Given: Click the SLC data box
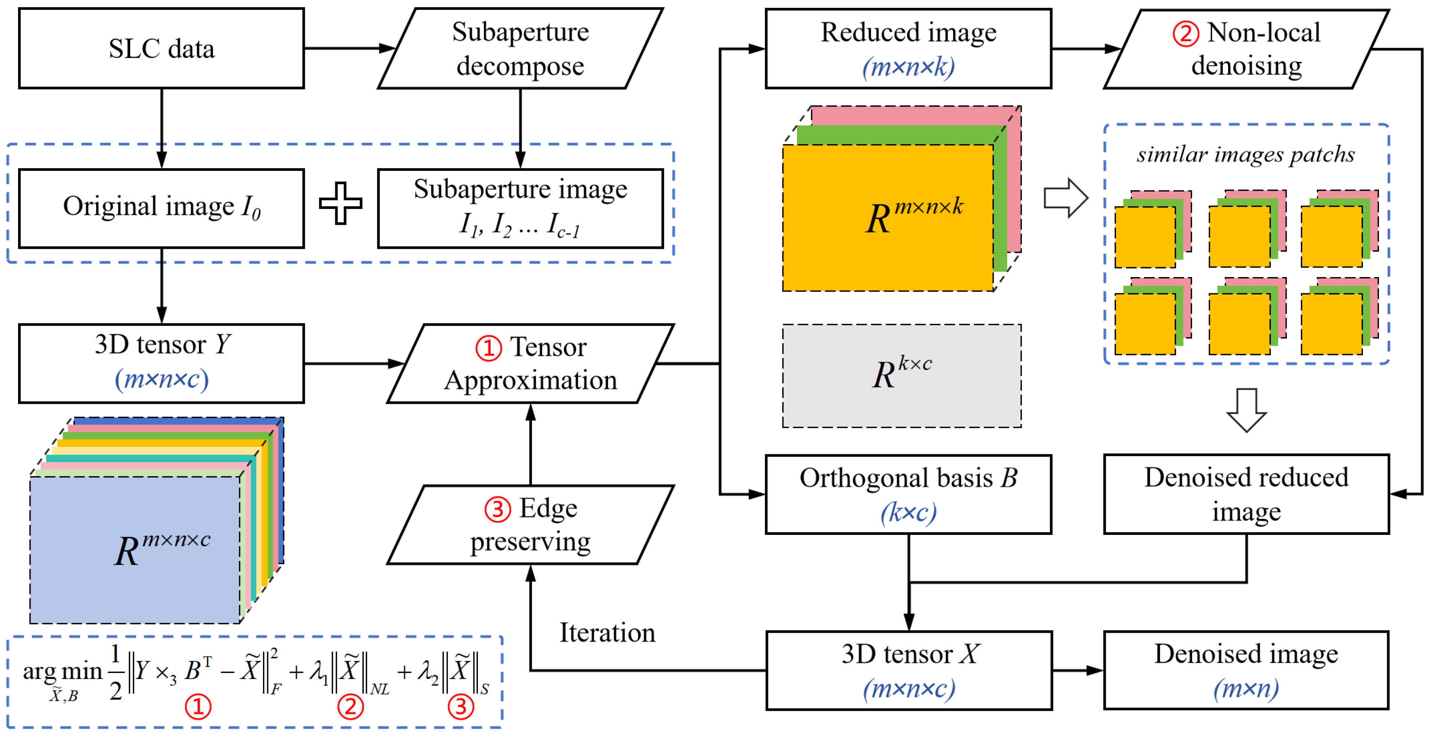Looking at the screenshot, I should [x=161, y=48].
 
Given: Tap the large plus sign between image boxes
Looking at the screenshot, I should [x=341, y=203].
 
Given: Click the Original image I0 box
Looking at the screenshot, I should [x=161, y=207].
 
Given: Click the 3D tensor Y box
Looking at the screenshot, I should [x=161, y=363].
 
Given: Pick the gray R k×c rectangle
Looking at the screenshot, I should [x=901, y=376].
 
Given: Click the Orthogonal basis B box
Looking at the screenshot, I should [x=908, y=494].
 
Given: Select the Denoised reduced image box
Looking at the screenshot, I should [x=1246, y=494].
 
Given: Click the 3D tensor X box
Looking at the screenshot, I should [x=909, y=670].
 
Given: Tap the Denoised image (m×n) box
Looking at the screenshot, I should [x=1246, y=670].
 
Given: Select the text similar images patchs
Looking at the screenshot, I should [x=1245, y=154].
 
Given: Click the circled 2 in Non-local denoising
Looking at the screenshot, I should [x=1186, y=33].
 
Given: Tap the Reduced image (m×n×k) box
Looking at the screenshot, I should [x=908, y=48].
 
